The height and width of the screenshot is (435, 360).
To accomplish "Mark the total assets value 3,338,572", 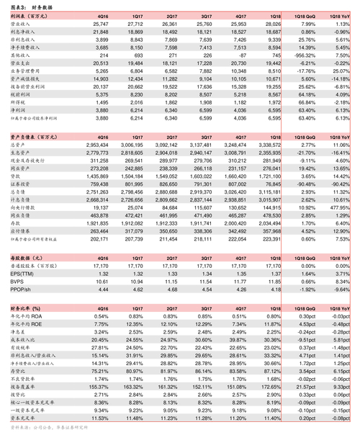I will click(269, 145).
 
